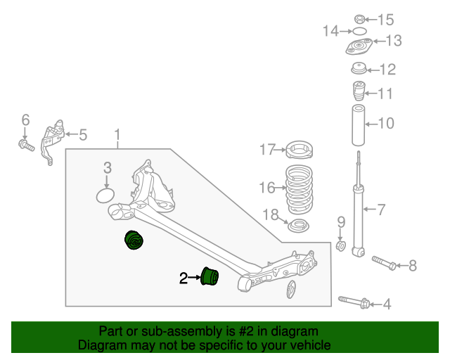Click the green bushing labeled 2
pos(210,277)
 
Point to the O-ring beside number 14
pos(359,31)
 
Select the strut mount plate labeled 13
pos(360,48)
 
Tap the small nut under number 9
pos(341,246)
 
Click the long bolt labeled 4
pos(355,302)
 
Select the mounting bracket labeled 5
pos(53,141)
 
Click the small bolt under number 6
pos(25,146)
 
